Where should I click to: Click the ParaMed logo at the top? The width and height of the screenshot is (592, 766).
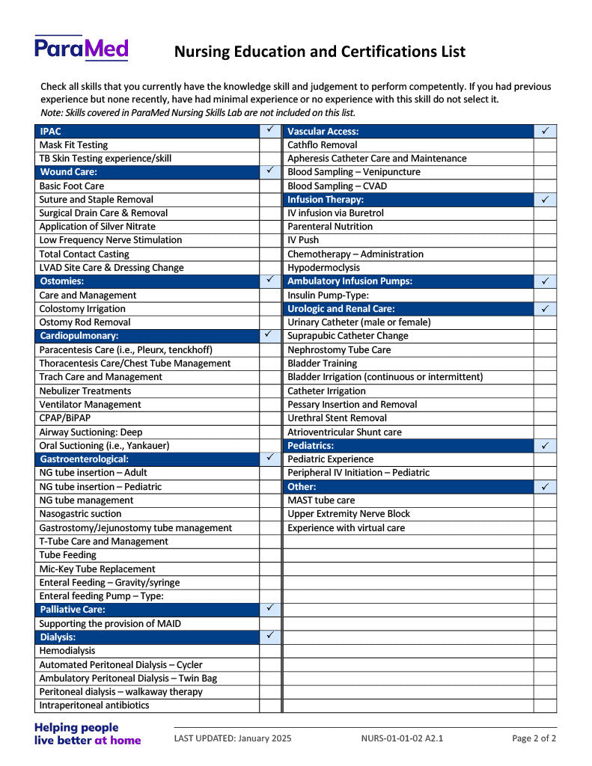[81, 48]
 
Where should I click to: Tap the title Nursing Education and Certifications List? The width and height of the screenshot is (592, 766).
[320, 52]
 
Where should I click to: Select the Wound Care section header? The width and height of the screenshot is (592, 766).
[68, 172]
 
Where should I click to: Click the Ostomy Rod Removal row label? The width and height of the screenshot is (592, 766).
[85, 322]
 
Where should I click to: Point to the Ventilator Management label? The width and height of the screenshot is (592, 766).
[90, 405]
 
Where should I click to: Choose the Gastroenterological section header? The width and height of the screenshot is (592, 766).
[84, 459]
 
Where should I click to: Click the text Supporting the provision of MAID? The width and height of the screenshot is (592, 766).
[110, 624]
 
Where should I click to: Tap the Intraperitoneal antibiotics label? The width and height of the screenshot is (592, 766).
[94, 705]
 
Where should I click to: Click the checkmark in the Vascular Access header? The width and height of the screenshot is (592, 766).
[545, 131]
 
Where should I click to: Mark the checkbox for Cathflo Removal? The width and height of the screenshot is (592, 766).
[545, 145]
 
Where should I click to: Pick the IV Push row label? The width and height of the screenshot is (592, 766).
[303, 240]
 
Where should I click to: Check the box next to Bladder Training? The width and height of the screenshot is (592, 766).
[545, 364]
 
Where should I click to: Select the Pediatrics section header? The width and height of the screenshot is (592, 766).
[311, 446]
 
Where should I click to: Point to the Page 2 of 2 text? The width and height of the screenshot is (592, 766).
[534, 738]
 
